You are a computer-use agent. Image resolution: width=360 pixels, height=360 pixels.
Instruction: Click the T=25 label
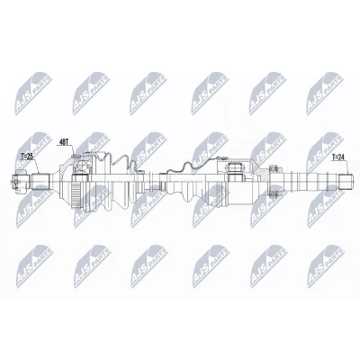(27, 156)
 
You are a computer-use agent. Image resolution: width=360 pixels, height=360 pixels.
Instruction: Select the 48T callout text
(63, 142)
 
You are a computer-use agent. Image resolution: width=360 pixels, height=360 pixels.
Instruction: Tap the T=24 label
(338, 157)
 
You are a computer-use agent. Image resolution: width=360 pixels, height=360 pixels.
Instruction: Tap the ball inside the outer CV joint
(82, 165)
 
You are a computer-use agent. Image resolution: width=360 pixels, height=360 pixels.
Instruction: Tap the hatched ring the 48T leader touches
(76, 156)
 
